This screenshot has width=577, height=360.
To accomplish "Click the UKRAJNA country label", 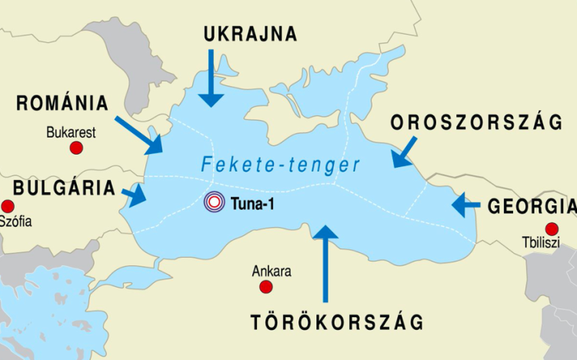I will pyautogui.click(x=250, y=34).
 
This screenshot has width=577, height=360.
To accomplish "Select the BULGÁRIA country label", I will pyautogui.click(x=64, y=188).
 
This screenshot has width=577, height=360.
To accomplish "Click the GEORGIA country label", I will pyautogui.click(x=531, y=206).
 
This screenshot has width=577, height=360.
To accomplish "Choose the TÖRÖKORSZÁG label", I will pyautogui.click(x=336, y=322).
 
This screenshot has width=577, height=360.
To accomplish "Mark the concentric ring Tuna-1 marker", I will pyautogui.click(x=215, y=203).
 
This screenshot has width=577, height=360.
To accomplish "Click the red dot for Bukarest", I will pyautogui.click(x=76, y=147).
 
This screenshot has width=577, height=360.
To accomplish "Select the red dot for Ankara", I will pyautogui.click(x=266, y=287).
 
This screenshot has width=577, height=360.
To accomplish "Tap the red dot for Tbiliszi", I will pyautogui.click(x=551, y=228).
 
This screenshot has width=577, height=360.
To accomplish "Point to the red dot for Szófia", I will pyautogui.click(x=8, y=206).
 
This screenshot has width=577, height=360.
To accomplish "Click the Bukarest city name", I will pyautogui.click(x=71, y=132).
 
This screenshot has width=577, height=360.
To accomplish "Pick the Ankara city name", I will pyautogui.click(x=272, y=272).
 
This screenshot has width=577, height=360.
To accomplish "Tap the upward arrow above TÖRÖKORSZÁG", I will pyautogui.click(x=326, y=262).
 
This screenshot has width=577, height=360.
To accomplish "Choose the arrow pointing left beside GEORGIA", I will pyautogui.click(x=466, y=205).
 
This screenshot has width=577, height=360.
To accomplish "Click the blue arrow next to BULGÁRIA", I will pyautogui.click(x=134, y=195).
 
